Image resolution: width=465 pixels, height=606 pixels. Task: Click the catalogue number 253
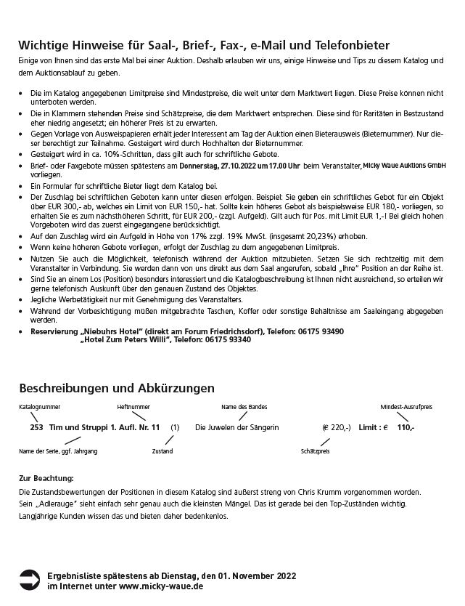point(36,428)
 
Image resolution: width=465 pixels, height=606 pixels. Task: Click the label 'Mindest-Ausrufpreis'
point(407,407)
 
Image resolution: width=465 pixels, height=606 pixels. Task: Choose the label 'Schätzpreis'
point(315,452)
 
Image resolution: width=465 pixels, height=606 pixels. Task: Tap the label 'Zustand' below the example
point(162,452)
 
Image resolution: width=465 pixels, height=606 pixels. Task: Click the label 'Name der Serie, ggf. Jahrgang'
point(58,452)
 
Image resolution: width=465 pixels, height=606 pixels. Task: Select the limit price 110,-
point(406,428)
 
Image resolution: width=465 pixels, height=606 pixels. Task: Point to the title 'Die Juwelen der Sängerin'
point(237,428)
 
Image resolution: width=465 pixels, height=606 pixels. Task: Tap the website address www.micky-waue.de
point(160,585)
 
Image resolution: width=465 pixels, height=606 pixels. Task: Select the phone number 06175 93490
point(320,331)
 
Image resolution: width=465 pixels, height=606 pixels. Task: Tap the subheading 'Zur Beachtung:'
point(46,479)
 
